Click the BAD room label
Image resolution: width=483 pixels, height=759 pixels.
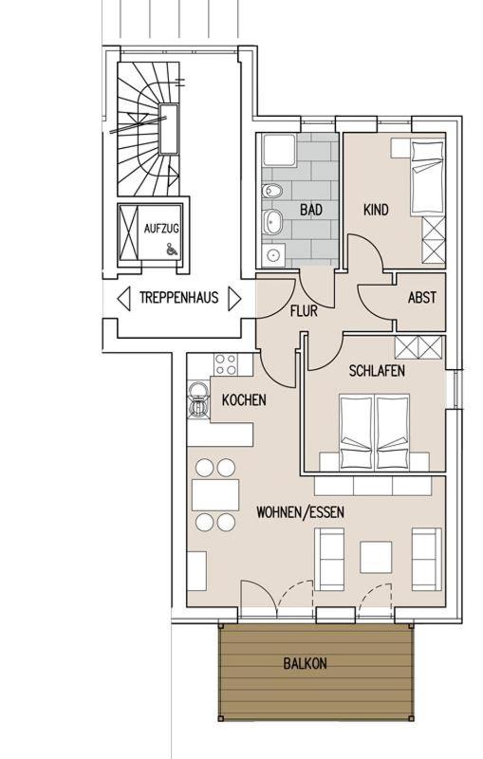click(310, 210)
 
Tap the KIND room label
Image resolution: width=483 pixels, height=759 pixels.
click(376, 210)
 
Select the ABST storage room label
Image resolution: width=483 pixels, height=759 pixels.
click(421, 297)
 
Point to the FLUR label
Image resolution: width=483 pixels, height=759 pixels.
click(304, 311)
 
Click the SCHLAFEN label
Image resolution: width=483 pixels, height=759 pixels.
click(377, 371)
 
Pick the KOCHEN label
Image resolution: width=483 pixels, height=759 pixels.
click(244, 399)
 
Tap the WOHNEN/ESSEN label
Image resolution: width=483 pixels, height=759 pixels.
click(300, 512)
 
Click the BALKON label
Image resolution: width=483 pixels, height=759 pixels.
click(305, 663)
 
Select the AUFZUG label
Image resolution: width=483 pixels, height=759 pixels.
click(161, 228)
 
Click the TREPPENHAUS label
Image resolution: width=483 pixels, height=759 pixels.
click(179, 297)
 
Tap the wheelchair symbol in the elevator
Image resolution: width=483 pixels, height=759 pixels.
click(171, 249)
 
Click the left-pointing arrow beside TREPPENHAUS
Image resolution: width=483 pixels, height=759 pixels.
click(124, 298)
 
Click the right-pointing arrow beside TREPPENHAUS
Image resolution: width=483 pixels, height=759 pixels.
click(234, 298)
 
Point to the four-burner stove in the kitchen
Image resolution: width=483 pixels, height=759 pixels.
click(226, 364)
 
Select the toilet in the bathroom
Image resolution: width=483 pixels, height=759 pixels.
click(272, 192)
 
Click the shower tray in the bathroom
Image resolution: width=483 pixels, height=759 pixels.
click(279, 151)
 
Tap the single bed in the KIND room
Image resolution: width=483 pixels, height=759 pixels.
click(427, 177)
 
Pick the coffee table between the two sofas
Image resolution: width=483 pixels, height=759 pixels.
click(376, 557)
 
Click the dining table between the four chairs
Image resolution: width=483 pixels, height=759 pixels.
click(215, 494)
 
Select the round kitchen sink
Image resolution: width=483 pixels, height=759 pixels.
click(197, 390)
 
